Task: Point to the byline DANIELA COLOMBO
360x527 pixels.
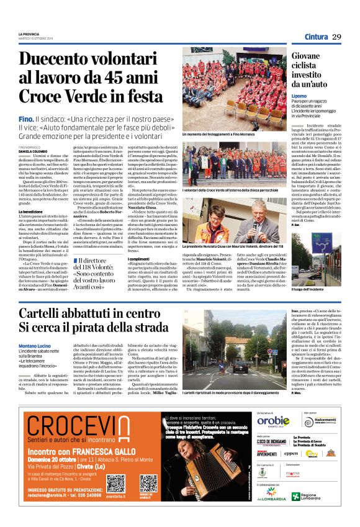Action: (x=34, y=151)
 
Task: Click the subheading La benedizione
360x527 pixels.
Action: (x=31, y=211)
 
